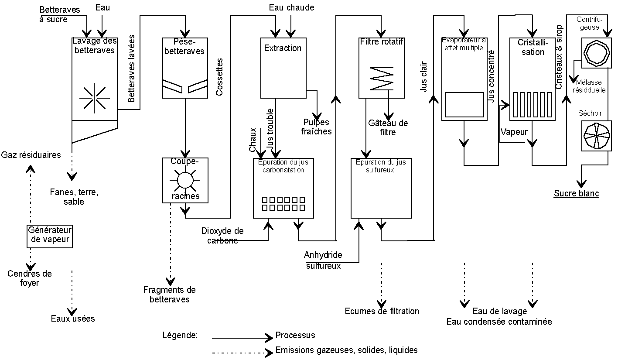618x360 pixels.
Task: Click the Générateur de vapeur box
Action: (x=50, y=235)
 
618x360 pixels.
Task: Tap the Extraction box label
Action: (x=283, y=48)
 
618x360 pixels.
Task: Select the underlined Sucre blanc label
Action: (x=576, y=193)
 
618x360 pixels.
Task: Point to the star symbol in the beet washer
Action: (x=95, y=97)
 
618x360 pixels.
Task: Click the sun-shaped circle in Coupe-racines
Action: (x=185, y=180)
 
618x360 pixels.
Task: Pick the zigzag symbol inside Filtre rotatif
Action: (x=381, y=79)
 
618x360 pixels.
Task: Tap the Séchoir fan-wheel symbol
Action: (x=596, y=136)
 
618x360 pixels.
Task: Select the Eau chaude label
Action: (x=291, y=7)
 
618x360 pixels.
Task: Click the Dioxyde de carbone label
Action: (x=222, y=236)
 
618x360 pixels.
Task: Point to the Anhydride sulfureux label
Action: (x=323, y=260)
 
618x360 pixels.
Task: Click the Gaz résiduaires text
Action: (x=31, y=155)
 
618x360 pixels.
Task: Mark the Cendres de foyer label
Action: (x=30, y=278)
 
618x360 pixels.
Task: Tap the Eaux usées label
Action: (x=73, y=319)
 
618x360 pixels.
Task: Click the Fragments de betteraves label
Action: (x=170, y=295)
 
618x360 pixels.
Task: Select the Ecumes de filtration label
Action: (x=382, y=311)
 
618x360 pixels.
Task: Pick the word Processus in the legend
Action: (x=295, y=336)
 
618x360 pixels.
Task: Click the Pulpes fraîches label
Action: (x=316, y=127)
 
